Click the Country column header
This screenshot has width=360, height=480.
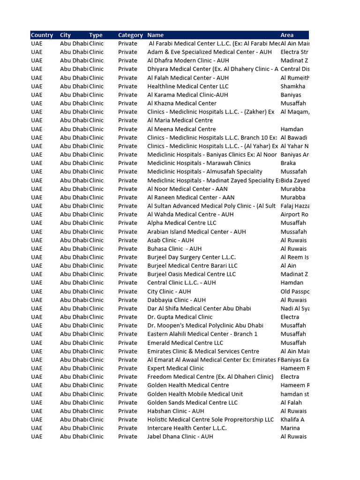[x=42, y=35]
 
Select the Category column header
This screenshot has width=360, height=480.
[x=130, y=35]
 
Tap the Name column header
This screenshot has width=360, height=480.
[x=156, y=35]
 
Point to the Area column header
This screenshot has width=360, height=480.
[x=287, y=35]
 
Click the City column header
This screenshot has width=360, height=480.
[x=66, y=35]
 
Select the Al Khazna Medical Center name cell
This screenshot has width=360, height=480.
[x=182, y=103]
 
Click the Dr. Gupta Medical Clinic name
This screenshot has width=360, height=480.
[x=180, y=317]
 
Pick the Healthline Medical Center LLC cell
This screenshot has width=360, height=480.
[x=188, y=86]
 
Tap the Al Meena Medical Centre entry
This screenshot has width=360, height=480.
[x=181, y=129]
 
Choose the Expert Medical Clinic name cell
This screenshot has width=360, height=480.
[x=175, y=368]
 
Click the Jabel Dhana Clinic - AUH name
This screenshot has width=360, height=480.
[x=180, y=436]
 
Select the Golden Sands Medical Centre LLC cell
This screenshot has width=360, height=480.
[x=192, y=403]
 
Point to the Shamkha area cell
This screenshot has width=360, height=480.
[x=292, y=86]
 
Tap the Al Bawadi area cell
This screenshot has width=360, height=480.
[x=294, y=137]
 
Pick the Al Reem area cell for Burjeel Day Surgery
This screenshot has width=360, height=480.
[x=294, y=257]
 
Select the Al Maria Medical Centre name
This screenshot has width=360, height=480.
[x=180, y=120]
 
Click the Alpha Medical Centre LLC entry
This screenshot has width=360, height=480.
[x=181, y=223]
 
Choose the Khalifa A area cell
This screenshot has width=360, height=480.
[x=292, y=420]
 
